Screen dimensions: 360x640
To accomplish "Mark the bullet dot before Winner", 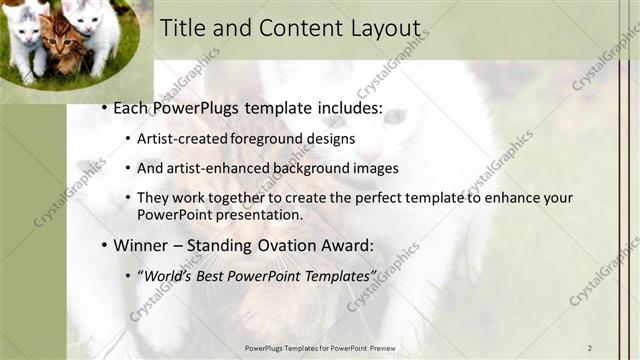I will pos(104,245).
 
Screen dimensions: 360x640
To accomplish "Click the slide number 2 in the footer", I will pos(589,347).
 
